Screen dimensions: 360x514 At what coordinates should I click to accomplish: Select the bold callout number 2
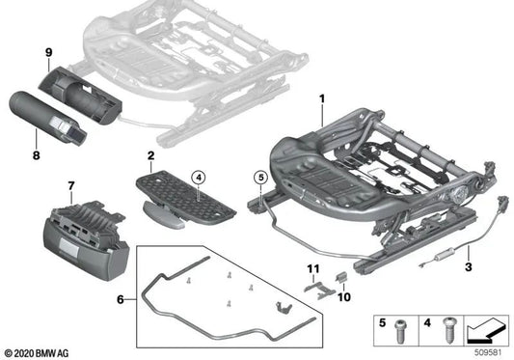[150, 154]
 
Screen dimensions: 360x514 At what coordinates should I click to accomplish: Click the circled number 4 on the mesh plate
[197, 176]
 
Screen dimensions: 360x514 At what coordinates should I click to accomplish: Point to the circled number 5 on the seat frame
[258, 177]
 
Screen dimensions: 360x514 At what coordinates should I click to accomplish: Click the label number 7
[69, 184]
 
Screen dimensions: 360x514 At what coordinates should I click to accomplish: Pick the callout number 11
[311, 266]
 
